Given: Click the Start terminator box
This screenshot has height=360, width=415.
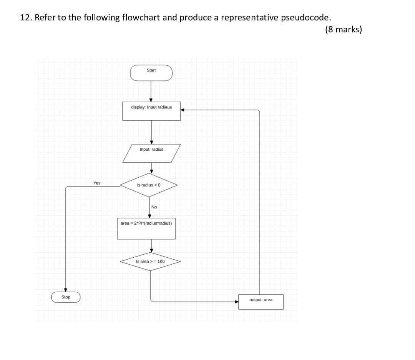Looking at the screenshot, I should pyautogui.click(x=151, y=73).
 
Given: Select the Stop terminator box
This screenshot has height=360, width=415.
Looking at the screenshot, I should pyautogui.click(x=66, y=297).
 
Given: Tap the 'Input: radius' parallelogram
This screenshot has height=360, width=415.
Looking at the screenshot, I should pyautogui.click(x=151, y=153).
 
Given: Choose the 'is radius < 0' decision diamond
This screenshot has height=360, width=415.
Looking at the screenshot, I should pyautogui.click(x=149, y=185).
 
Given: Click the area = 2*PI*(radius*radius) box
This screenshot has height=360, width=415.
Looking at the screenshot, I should pyautogui.click(x=146, y=228).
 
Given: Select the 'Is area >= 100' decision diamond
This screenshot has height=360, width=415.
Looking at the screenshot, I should pyautogui.click(x=150, y=262).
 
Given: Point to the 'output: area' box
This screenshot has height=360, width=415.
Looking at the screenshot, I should pyautogui.click(x=261, y=302).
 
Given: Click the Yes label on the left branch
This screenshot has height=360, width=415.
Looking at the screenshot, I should pyautogui.click(x=97, y=183).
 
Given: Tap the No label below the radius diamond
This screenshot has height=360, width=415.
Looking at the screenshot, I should pyautogui.click(x=154, y=207).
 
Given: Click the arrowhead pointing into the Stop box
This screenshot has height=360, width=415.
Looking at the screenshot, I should pyautogui.click(x=66, y=290).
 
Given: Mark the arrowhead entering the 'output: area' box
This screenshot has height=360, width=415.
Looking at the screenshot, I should pyautogui.click(x=237, y=302).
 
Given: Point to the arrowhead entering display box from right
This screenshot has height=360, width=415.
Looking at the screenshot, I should pyautogui.click(x=183, y=110).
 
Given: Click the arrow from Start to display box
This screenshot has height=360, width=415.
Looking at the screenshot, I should pyautogui.click(x=151, y=92).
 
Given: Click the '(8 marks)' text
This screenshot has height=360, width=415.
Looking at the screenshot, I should pyautogui.click(x=343, y=30).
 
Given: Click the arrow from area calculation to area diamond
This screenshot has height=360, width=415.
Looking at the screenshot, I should pyautogui.click(x=151, y=245).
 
